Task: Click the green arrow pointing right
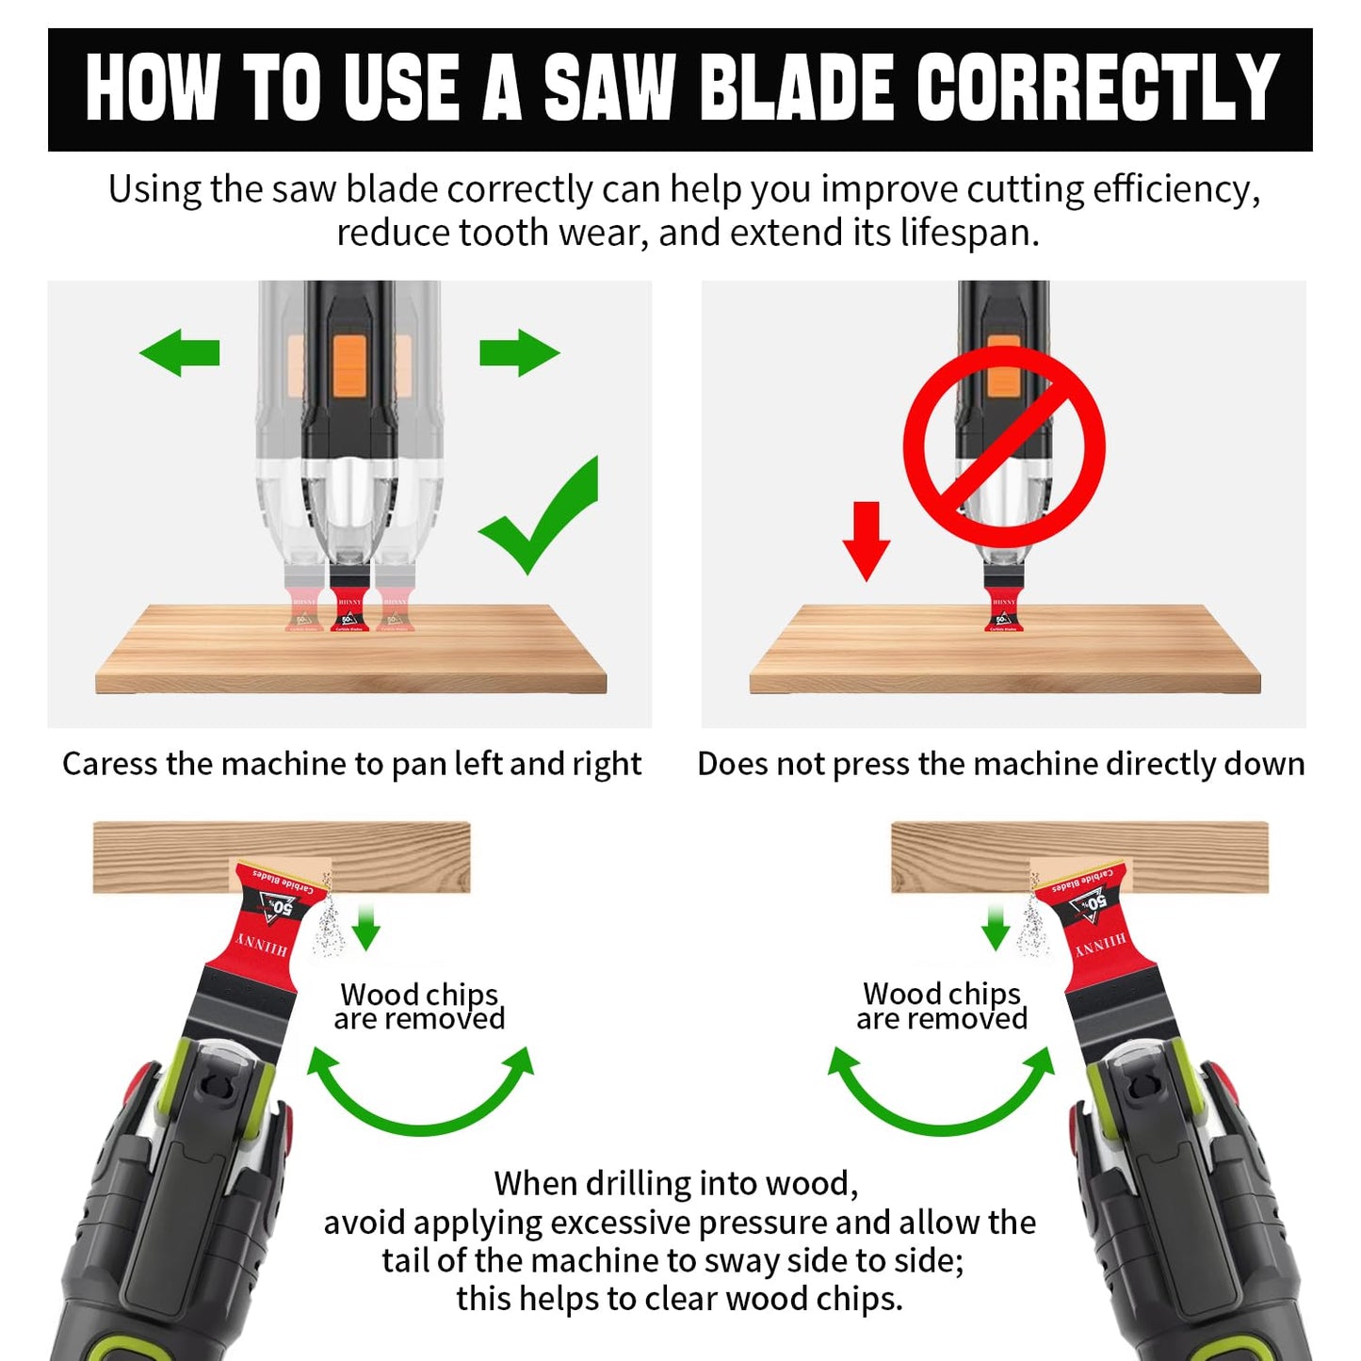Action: coord(519,353)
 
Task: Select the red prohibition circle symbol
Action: coord(1004,446)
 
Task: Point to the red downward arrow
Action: coord(866,541)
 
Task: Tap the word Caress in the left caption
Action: coord(110,764)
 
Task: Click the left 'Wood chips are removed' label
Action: coord(419,1006)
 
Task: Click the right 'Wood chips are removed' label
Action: coord(942,1006)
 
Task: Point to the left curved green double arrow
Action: coord(421,1093)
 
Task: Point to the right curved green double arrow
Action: coord(942,1093)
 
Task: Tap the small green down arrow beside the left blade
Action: coord(365,927)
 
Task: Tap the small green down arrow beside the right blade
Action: coord(996,927)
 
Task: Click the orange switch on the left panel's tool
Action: coord(348,365)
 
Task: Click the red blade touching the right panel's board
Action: coord(1004,609)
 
